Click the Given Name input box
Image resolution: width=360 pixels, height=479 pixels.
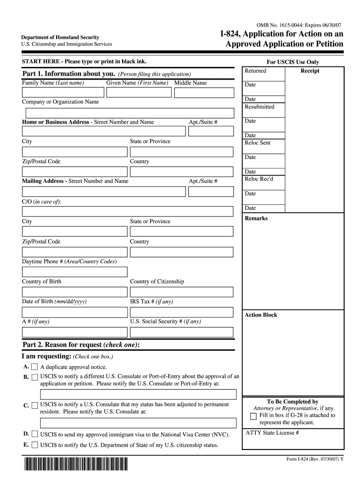pos(139,92)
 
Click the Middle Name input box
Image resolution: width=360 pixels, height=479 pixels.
pos(203,92)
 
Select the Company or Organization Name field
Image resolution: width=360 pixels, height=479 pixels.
pos(130,113)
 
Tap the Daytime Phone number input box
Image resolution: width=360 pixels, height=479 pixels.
pos(75,272)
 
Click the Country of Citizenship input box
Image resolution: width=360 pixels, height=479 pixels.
pos(181,292)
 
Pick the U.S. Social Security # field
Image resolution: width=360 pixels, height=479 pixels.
pos(181,332)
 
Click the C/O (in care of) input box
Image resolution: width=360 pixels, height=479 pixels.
pos(128,211)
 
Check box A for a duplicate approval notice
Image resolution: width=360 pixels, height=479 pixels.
pos(35,367)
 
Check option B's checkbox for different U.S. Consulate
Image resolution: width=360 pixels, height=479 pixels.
pos(35,377)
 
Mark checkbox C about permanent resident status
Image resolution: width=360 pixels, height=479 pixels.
pos(35,405)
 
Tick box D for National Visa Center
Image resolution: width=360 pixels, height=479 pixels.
pos(35,434)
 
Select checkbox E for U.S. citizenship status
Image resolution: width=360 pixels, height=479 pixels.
pos(35,445)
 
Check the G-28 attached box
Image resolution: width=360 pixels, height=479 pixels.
pos(253,416)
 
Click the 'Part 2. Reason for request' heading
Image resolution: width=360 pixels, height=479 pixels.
pos(81,345)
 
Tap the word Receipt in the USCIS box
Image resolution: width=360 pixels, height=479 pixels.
pos(310,71)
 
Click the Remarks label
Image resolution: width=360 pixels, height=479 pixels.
pos(256,218)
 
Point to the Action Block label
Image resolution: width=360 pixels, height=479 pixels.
pos(261,315)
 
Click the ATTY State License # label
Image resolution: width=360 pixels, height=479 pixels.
pos(272,433)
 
